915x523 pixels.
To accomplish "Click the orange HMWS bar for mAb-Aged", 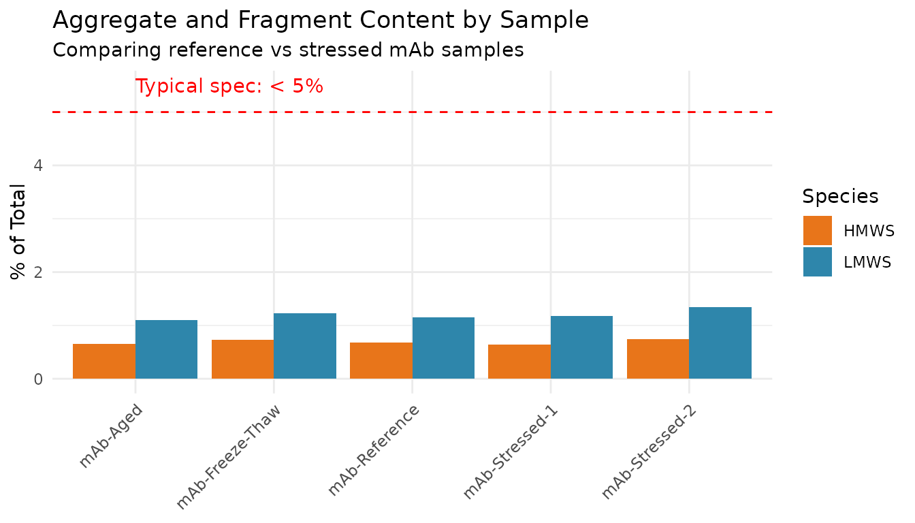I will tap(104, 361).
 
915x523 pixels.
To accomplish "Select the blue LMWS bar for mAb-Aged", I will tap(166, 349).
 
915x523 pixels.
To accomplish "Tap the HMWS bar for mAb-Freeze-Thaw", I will tap(242, 359).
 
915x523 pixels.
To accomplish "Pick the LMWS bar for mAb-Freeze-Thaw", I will tap(305, 346).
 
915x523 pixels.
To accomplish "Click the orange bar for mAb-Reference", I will tap(381, 360).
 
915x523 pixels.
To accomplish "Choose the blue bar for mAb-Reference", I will tap(443, 348).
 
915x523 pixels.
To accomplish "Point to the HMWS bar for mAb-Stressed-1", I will tap(519, 362).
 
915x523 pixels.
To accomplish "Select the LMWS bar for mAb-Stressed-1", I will tap(581, 347).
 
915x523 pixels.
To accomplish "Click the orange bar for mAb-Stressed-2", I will tap(658, 359).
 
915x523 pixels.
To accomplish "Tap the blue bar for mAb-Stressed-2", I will tap(720, 343).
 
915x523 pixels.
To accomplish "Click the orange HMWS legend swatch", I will tap(818, 231).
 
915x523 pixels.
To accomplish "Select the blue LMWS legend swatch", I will tap(818, 261).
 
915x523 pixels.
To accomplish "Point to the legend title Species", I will tap(840, 197).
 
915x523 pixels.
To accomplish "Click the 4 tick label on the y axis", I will tap(38, 165).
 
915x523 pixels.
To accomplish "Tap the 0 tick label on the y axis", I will tap(38, 379).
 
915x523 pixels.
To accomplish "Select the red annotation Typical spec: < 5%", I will tap(229, 87).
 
